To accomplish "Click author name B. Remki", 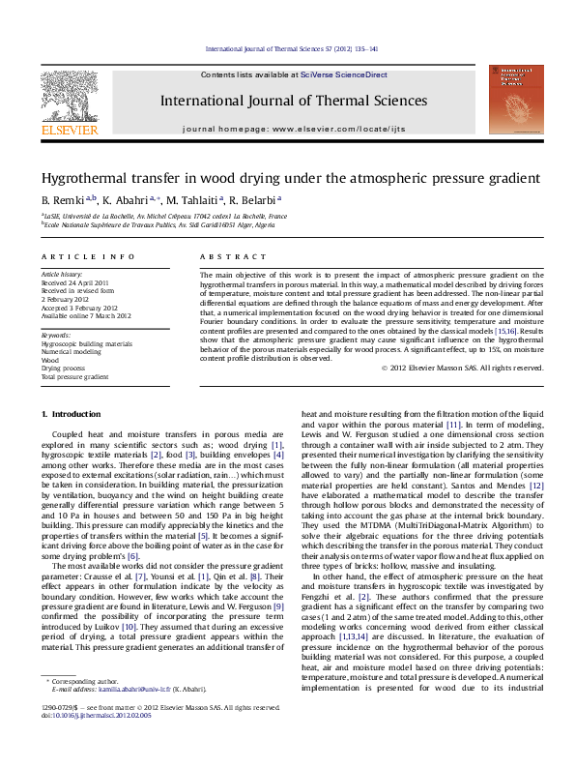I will click(61, 200).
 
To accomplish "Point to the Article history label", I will click(62, 275).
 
